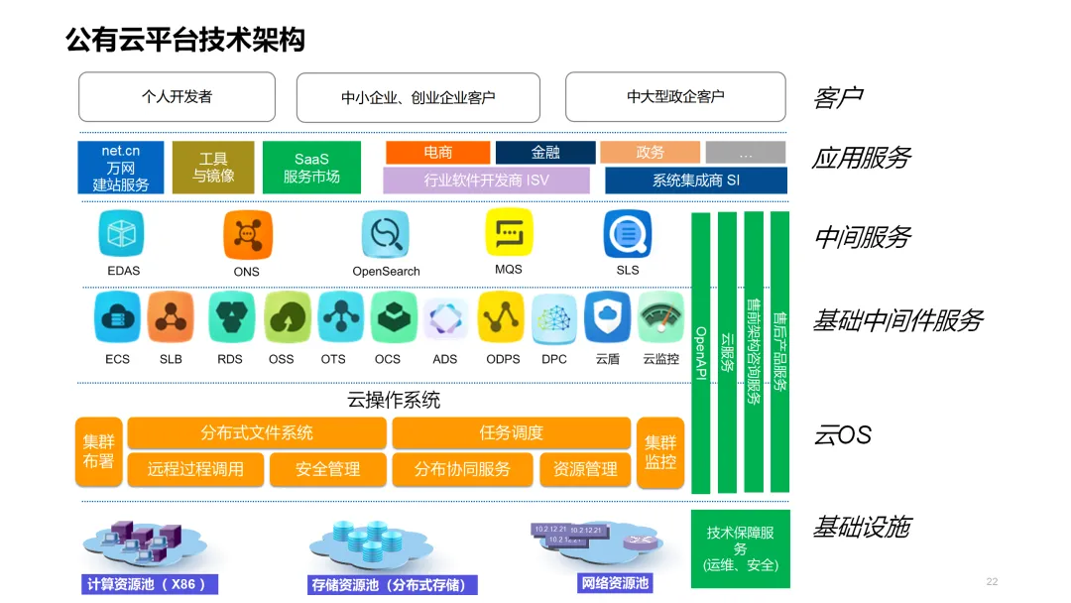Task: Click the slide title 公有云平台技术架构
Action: coord(184,40)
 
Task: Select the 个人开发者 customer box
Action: coord(177,97)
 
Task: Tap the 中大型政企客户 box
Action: coord(674,97)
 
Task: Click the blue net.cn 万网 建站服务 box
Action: coord(121,168)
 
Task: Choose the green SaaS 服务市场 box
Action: coord(311,168)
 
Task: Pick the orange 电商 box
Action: coord(437,152)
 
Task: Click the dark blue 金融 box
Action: coord(545,152)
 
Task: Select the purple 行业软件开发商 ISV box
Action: coord(486,181)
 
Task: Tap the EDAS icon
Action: coord(122,235)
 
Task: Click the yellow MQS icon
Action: coord(509,234)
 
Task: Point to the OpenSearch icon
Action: coord(386,235)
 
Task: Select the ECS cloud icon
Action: coord(117,317)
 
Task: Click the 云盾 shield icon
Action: coord(607,317)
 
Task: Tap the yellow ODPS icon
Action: coord(502,317)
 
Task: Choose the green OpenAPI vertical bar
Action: coord(700,352)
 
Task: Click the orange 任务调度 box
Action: coord(512,433)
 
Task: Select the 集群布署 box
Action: coord(98,452)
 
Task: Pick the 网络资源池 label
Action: coord(615,583)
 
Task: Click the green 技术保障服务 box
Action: coord(740,547)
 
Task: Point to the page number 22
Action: coord(992,581)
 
